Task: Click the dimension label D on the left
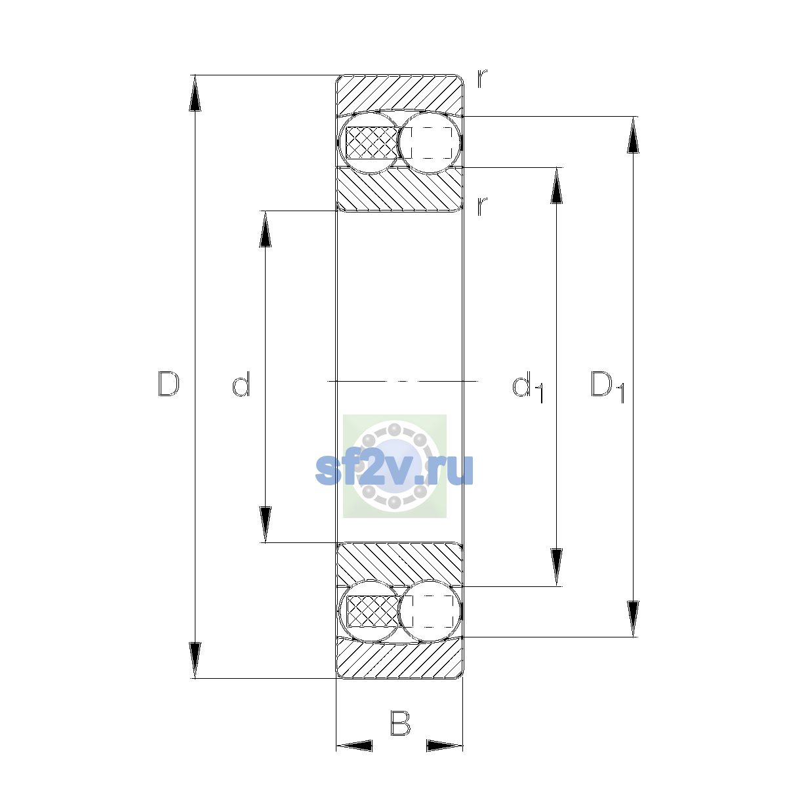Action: [169, 384]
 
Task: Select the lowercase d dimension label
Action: [241, 384]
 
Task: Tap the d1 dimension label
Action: [527, 387]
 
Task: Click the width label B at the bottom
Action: [400, 723]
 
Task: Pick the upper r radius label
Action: [482, 79]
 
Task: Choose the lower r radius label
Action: [482, 206]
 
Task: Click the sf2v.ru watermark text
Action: [395, 469]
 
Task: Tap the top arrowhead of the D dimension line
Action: [195, 93]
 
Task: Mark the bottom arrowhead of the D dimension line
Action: [195, 660]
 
